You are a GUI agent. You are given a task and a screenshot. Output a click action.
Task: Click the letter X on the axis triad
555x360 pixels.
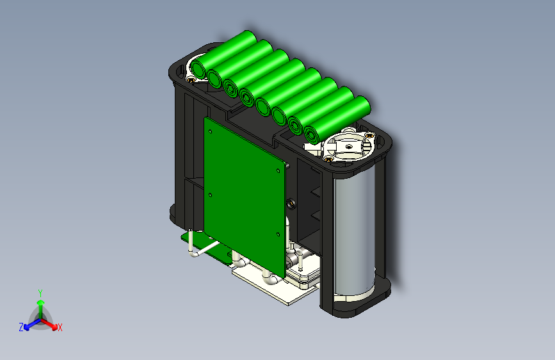(x=60, y=327)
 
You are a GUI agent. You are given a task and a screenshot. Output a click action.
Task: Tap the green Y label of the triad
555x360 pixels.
(x=40, y=293)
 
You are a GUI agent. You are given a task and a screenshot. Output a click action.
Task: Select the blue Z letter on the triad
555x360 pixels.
(x=21, y=327)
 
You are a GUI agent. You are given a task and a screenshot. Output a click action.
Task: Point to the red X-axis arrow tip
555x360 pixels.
(x=54, y=327)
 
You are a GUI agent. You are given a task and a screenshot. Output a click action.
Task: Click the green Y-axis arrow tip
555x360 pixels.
(x=41, y=302)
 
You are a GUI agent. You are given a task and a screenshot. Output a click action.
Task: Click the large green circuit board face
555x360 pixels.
(x=245, y=197)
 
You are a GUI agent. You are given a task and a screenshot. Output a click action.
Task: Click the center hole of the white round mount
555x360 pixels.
(x=349, y=146)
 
